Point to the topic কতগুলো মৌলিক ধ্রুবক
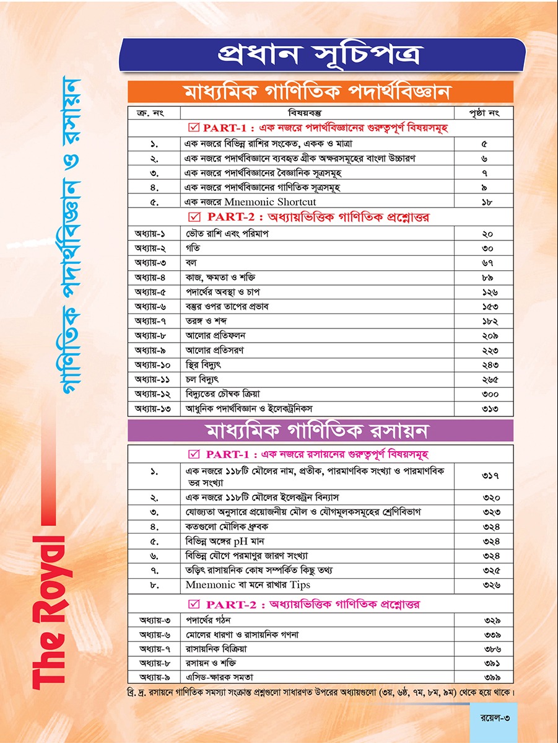(228, 527)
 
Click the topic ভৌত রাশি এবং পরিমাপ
(220, 234)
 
